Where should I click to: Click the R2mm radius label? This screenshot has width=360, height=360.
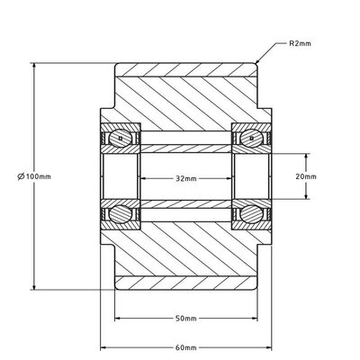(x=301, y=43)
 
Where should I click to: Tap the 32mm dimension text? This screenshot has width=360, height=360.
(x=185, y=178)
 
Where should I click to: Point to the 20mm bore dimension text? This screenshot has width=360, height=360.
(x=306, y=177)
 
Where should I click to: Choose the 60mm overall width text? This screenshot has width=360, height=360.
(x=185, y=345)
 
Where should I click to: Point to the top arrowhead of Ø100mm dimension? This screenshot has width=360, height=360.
(x=35, y=66)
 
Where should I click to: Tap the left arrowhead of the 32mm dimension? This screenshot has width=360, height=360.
(x=140, y=178)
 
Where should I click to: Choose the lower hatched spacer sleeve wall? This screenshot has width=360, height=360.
(x=185, y=203)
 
